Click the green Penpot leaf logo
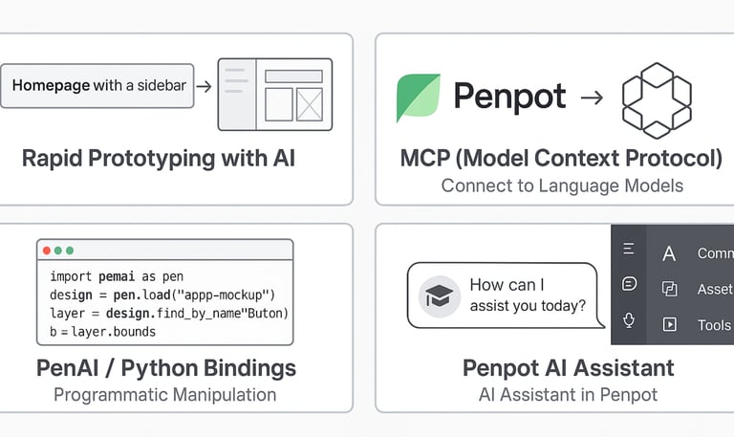pos(419,97)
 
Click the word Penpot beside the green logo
pos(509,97)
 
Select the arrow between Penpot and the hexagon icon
pos(592,97)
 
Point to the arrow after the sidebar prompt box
pos(203,86)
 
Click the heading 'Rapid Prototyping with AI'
pos(158,158)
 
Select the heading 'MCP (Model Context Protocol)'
pos(561,158)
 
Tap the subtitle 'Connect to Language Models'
pos(562,186)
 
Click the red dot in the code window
pos(46,251)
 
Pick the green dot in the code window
pos(70,251)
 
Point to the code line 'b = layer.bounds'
pos(102,332)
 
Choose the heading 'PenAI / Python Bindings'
pos(165,368)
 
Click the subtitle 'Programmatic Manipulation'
pos(165,394)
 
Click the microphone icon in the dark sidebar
pos(629,319)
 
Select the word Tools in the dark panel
pos(714,325)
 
